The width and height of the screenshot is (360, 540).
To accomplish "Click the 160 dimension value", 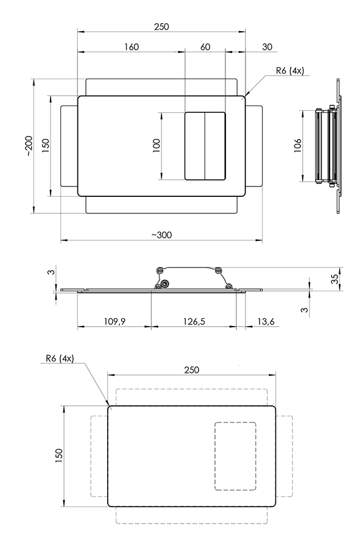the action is point(132,46).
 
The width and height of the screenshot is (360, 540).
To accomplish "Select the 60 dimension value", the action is point(205,46).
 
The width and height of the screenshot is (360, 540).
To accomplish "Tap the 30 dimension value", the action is point(267,46).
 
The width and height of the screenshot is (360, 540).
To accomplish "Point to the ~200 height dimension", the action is point(29,146).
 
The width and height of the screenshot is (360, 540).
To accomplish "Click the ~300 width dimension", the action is point(161,235).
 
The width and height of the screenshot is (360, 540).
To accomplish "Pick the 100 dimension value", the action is point(157,146).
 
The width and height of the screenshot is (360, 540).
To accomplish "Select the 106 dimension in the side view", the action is point(298,146).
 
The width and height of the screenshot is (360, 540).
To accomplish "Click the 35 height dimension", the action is point(334,279).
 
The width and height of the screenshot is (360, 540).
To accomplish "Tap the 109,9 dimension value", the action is point(115,321).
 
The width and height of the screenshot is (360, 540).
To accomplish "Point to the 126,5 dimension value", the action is point(194,321).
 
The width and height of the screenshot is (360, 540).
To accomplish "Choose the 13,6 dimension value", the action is point(266,321).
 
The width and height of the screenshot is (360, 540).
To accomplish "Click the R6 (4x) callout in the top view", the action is point(290,71).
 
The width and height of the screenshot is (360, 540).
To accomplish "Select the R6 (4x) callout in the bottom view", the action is point(60,358).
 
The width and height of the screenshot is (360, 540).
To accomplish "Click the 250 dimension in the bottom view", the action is point(191,370).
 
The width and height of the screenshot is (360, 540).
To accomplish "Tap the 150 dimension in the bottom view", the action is point(59,456).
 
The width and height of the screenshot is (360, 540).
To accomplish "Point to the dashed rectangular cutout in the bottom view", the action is point(235,422).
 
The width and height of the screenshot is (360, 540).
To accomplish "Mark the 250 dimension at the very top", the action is point(161,27).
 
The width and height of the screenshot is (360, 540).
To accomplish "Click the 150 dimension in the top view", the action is point(46,146).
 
